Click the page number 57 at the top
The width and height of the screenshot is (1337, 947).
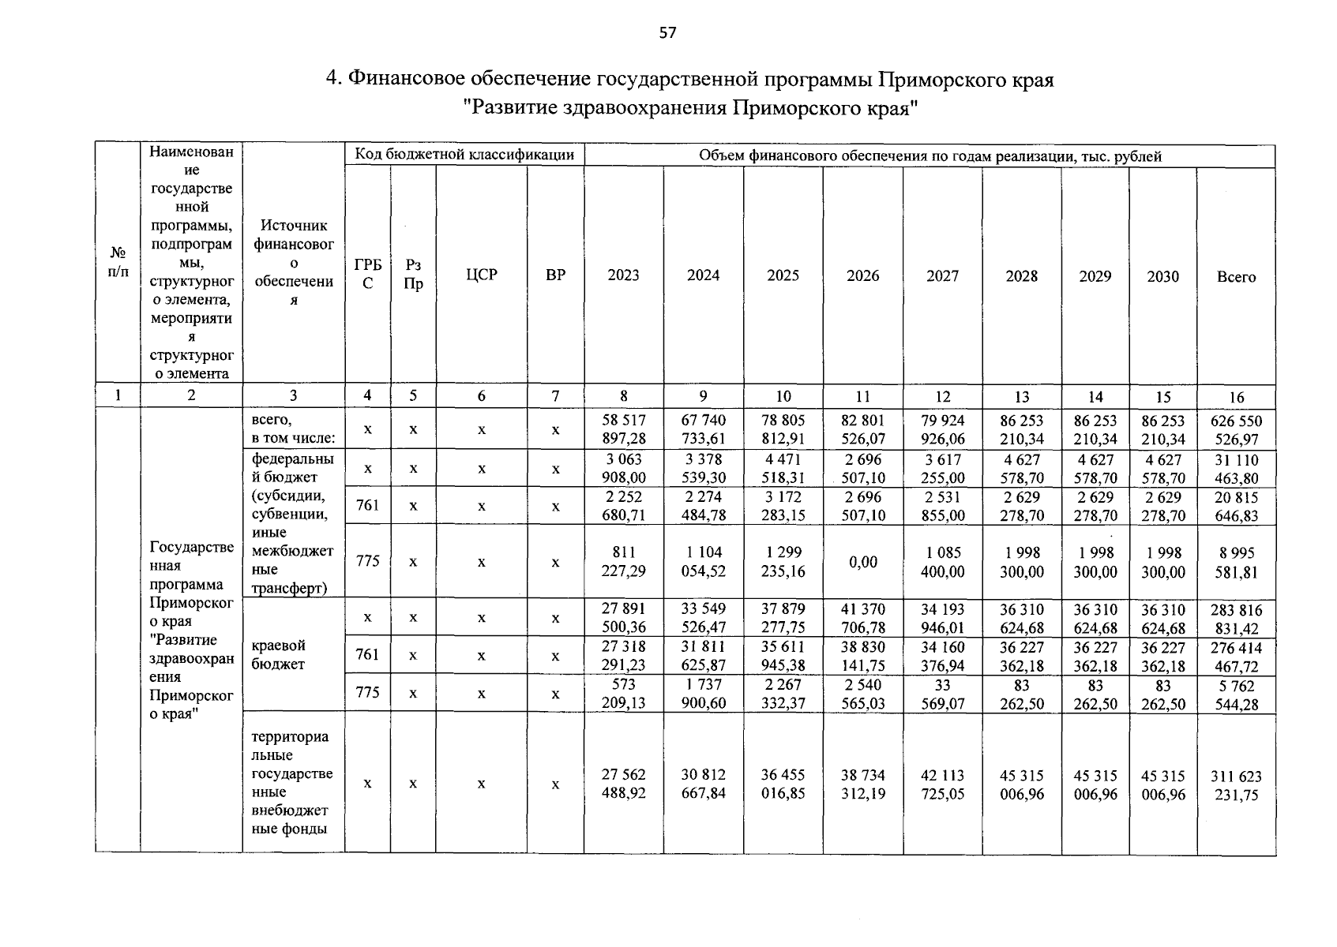click(667, 32)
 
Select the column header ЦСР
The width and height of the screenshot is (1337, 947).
click(481, 275)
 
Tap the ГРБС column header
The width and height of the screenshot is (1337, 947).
click(367, 275)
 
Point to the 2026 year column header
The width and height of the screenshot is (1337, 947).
click(862, 275)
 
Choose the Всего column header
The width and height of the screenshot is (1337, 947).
click(1236, 276)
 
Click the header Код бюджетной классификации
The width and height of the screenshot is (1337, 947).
click(464, 155)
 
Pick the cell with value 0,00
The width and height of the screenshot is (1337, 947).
click(862, 561)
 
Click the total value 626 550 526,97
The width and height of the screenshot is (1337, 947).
click(1236, 430)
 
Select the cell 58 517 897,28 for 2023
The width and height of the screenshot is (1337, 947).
click(623, 429)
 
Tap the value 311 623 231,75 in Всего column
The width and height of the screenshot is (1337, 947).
click(1236, 785)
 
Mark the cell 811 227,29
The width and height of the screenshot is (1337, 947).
click(623, 561)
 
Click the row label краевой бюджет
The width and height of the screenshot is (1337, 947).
click(278, 655)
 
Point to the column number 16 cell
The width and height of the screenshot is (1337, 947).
click(1236, 397)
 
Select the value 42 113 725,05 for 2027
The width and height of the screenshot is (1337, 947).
click(942, 784)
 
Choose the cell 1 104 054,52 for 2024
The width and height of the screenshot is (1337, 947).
click(703, 561)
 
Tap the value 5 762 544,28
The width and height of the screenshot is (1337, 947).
click(1236, 694)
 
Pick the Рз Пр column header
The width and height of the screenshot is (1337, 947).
click(412, 275)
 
